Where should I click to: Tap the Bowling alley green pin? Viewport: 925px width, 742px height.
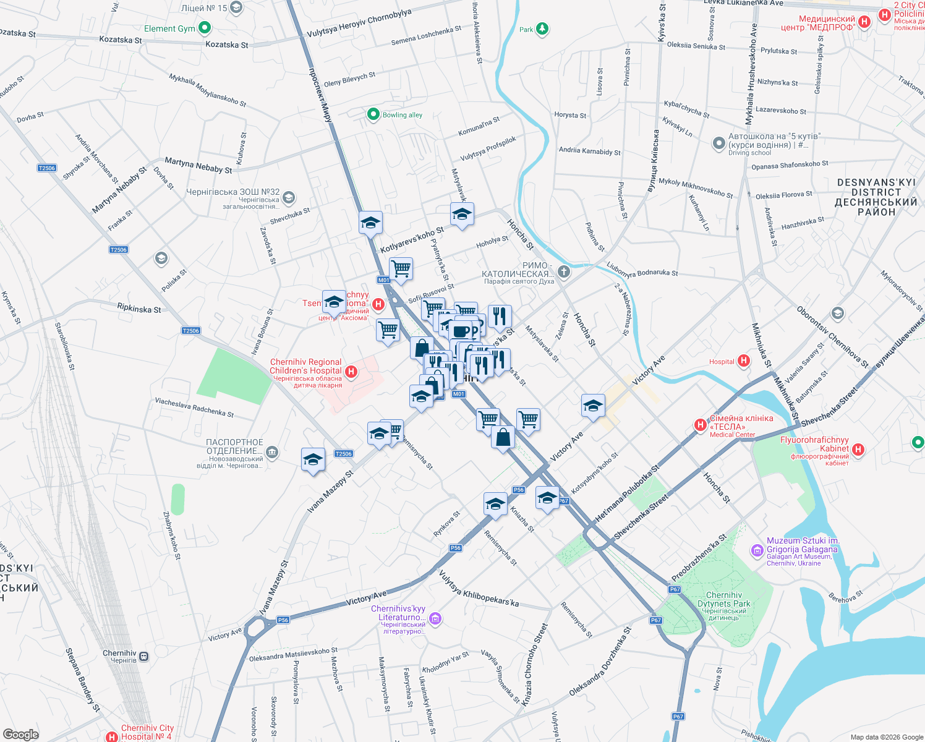pos(373,114)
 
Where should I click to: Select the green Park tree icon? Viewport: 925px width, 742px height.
pos(542,28)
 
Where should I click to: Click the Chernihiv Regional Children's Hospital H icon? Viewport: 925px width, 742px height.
pos(351,372)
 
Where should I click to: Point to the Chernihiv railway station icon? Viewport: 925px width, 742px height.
pos(144,656)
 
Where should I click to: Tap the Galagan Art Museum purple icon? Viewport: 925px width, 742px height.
pos(757,550)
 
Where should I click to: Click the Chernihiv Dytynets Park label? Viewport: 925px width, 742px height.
pos(723,600)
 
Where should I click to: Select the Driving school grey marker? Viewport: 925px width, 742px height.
pos(718,143)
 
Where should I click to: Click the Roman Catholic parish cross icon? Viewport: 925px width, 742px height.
pos(563,271)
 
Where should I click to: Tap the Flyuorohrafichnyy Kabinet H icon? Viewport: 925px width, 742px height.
pos(858,450)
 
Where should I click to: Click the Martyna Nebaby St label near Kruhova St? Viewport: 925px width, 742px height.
pos(198,165)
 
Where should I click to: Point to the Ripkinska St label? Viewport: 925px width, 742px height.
pos(139,308)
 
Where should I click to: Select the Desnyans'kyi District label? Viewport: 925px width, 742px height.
pos(876,197)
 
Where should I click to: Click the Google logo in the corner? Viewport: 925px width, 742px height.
pos(20,734)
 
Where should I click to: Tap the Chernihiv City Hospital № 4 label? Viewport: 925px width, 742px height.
pos(147,732)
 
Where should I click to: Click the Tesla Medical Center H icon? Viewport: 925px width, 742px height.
pos(700,425)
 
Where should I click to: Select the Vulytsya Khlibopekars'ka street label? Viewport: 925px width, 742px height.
pos(479,589)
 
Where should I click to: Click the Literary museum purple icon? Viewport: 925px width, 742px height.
pos(435,619)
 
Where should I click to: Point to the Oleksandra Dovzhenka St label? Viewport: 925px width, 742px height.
pos(600,662)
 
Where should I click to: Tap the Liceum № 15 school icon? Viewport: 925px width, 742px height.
pos(236,8)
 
